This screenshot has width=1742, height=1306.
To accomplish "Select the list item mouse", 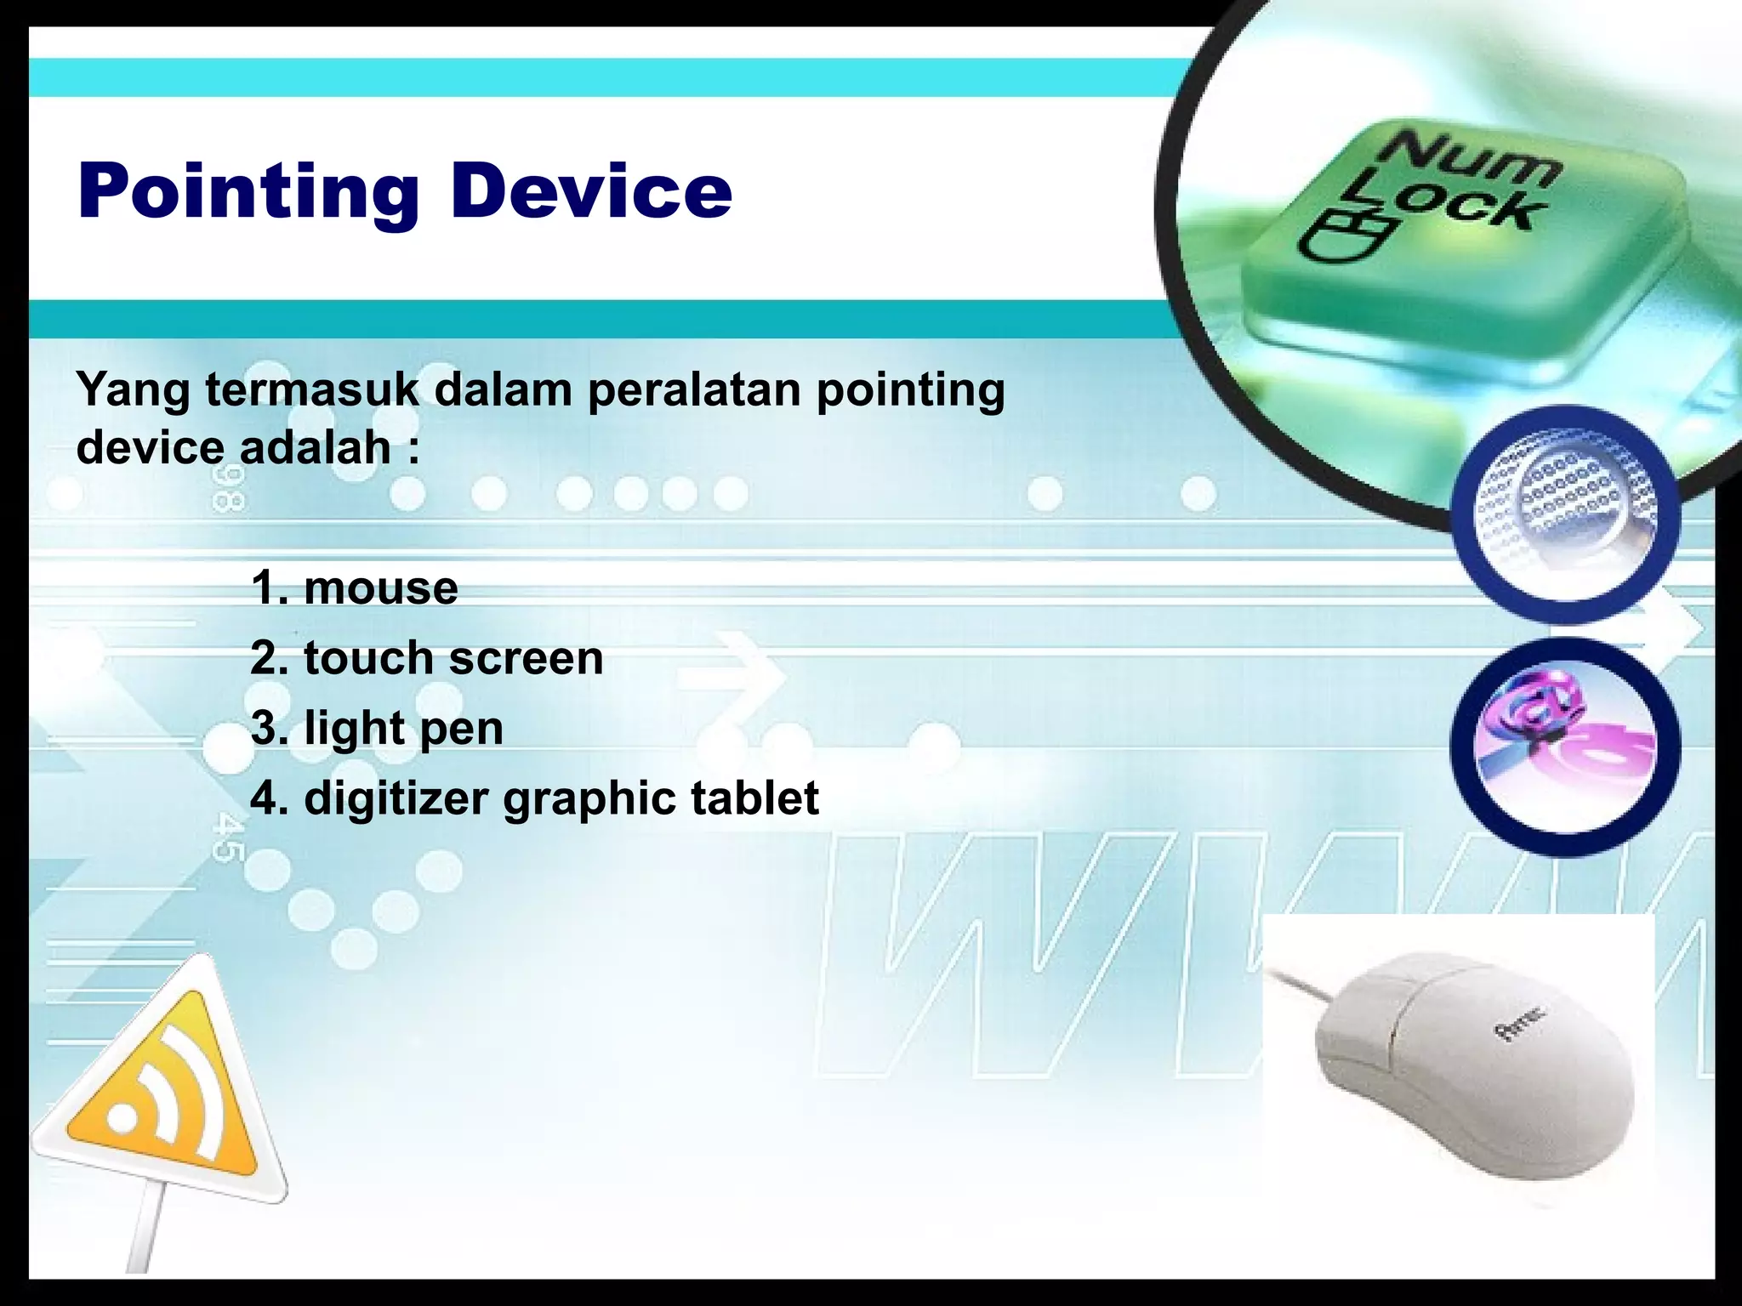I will pos(380,588).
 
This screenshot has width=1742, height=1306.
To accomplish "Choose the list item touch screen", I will pos(453,658).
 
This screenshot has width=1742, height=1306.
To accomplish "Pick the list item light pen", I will pos(403,729).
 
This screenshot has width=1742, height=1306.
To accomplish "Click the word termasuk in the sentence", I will pos(311,390).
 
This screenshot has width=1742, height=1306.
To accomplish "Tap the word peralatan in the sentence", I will pos(694,390).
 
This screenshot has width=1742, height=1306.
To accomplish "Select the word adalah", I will pos(315,448).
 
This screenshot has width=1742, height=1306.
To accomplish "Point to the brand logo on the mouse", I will pos(1522,1023).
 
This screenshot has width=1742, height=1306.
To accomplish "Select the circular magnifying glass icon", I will pos(1566,514).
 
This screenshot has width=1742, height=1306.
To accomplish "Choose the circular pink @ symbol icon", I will pos(1566,746).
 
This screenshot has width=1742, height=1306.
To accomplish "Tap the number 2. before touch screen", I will pos(270,658).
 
